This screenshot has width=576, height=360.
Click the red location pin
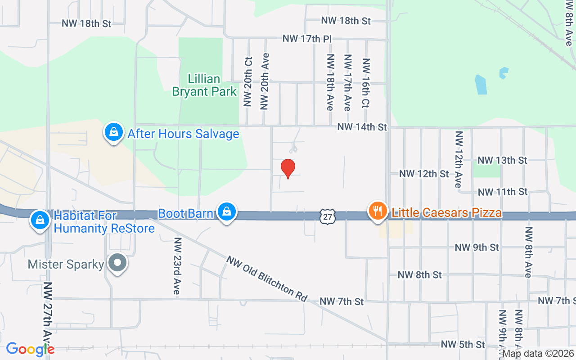[288, 168]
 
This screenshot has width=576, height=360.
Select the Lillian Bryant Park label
[204, 85]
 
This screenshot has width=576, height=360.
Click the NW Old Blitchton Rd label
[267, 279]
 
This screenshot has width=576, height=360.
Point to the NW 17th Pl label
[307, 39]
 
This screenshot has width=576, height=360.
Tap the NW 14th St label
[362, 127]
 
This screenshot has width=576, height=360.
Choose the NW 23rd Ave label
[177, 266]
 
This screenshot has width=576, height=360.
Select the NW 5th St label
[463, 345]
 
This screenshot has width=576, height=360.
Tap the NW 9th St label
[477, 247]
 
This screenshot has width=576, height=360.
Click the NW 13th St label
[502, 160]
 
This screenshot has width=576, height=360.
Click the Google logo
[30, 349]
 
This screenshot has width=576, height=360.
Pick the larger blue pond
[481, 85]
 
